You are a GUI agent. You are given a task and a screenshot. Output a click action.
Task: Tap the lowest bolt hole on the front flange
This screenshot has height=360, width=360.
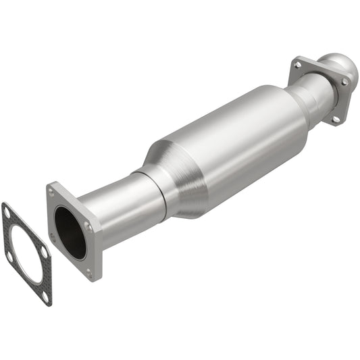(88, 272)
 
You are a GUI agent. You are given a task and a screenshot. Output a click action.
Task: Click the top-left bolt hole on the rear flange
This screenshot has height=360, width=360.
(298, 65)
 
